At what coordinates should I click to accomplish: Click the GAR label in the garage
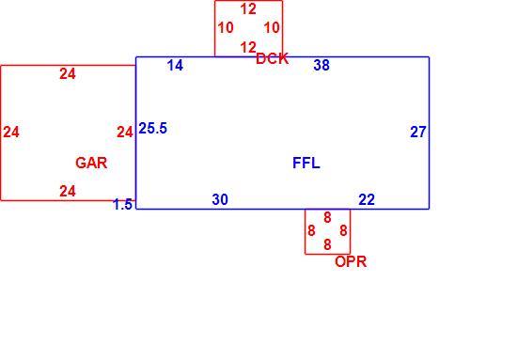pyautogui.click(x=91, y=163)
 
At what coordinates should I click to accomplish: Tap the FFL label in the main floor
pyautogui.click(x=306, y=163)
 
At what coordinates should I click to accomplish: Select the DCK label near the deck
pyautogui.click(x=273, y=59)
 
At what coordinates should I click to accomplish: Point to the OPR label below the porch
pyautogui.click(x=351, y=261)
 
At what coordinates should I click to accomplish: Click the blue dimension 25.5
pyautogui.click(x=152, y=128)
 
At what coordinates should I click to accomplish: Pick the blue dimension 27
pyautogui.click(x=418, y=133)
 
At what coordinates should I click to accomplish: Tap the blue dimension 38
pyautogui.click(x=322, y=65)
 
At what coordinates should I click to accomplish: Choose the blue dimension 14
pyautogui.click(x=175, y=65)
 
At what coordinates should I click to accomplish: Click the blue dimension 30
pyautogui.click(x=220, y=199)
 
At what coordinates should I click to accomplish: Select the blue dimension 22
pyautogui.click(x=367, y=199)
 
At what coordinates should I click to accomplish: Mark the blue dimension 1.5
pyautogui.click(x=122, y=205)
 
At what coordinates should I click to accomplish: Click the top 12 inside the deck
pyautogui.click(x=248, y=9)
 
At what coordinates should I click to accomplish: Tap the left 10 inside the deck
pyautogui.click(x=226, y=28)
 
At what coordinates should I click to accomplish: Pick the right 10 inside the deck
pyautogui.click(x=272, y=28)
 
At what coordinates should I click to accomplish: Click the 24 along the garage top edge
pyautogui.click(x=68, y=73)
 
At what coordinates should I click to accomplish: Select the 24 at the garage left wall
pyautogui.click(x=11, y=133)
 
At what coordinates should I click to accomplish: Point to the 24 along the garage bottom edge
pyautogui.click(x=68, y=191)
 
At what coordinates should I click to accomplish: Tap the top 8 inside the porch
pyautogui.click(x=327, y=218)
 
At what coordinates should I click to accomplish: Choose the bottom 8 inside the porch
pyautogui.click(x=327, y=244)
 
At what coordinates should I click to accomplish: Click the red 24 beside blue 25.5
pyautogui.click(x=125, y=133)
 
